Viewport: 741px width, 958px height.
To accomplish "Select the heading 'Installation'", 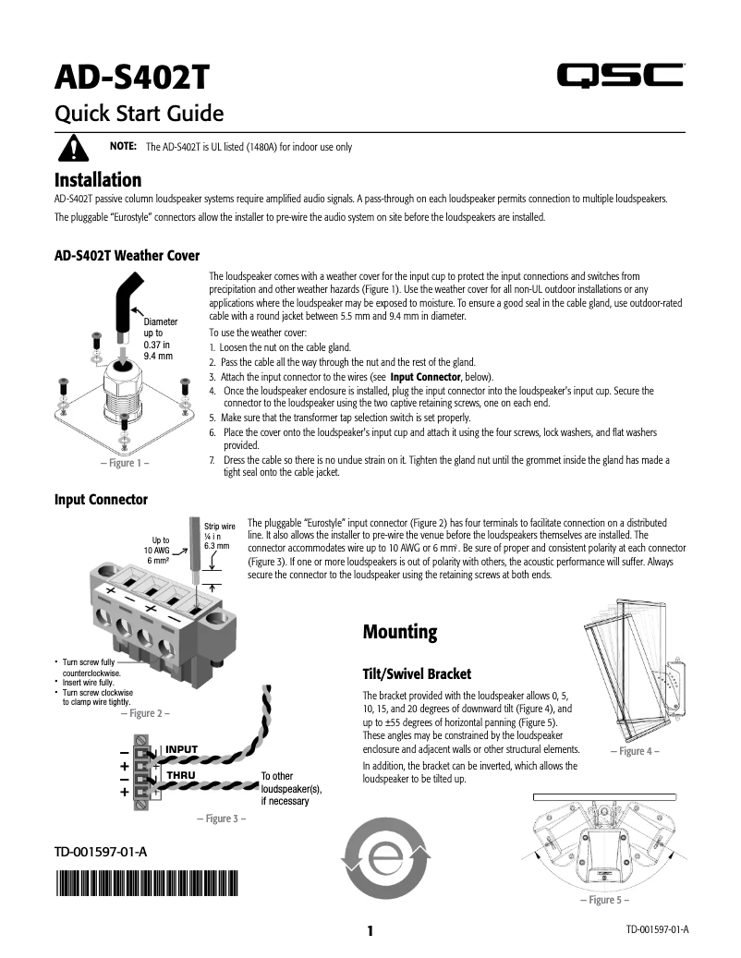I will pos(98,179).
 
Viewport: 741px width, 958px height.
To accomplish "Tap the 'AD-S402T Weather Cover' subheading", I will pos(127,255).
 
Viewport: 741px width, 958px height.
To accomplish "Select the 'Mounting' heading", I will pos(399,633).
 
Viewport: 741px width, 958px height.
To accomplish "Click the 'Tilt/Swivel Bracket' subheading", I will pos(417,673).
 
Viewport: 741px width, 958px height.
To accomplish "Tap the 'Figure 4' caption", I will pos(635,751).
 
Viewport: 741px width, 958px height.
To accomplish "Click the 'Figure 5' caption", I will pos(604,900).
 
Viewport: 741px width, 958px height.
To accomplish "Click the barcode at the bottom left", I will pos(147,883).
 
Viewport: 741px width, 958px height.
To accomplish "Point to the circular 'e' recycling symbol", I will pos(385,859).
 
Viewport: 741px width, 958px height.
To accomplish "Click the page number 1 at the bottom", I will pos(370,930).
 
